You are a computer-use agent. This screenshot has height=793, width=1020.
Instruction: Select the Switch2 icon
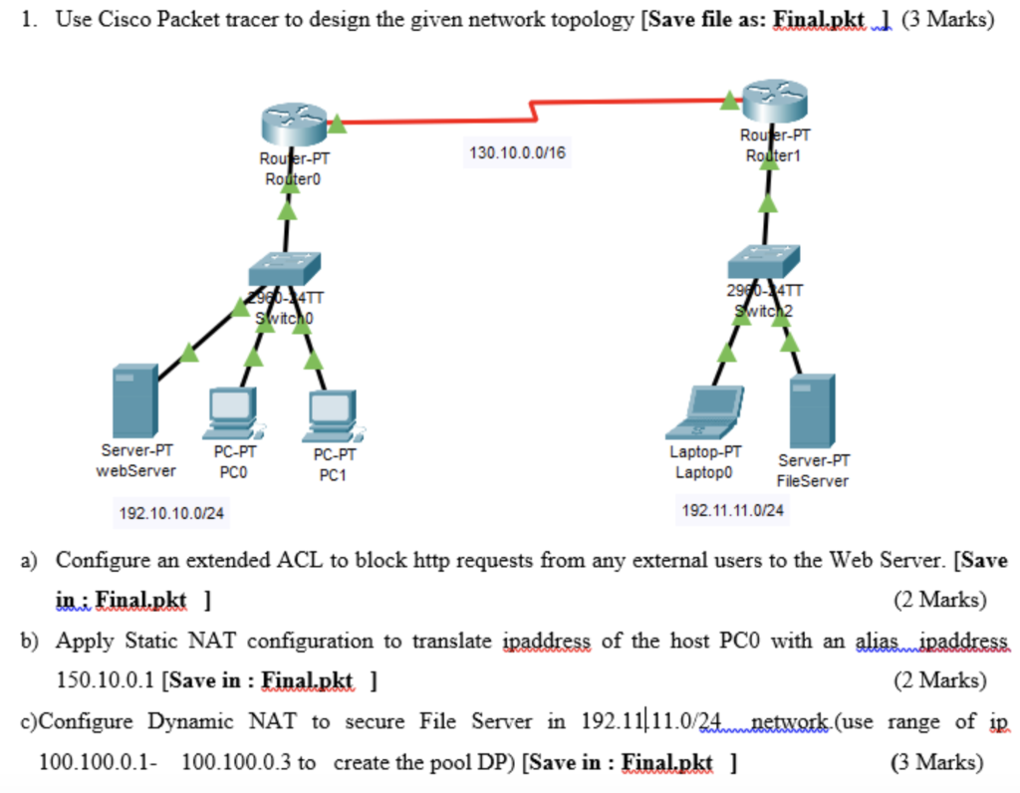click(763, 261)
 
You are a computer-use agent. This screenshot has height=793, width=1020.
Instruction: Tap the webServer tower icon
click(135, 399)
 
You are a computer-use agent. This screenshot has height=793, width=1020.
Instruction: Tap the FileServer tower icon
click(811, 410)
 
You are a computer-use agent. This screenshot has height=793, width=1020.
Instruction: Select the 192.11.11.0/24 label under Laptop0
click(732, 510)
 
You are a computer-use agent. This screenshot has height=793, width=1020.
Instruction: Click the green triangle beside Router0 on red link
click(337, 124)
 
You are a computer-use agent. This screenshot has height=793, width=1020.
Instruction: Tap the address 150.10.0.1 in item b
click(104, 681)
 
